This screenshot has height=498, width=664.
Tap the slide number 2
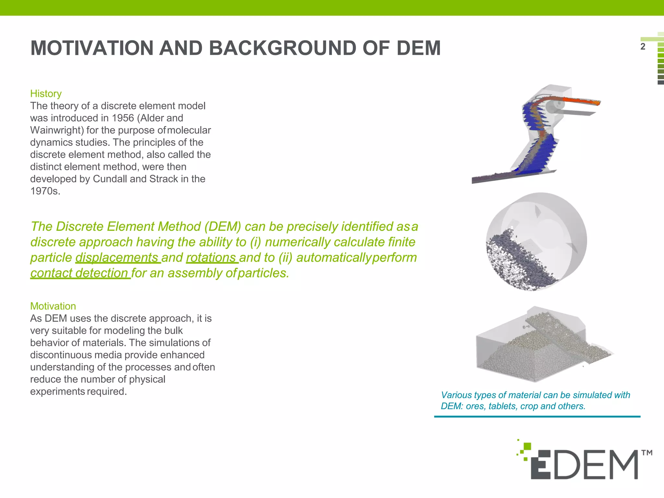pyautogui.click(x=643, y=47)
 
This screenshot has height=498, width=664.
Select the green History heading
pyautogui.click(x=46, y=94)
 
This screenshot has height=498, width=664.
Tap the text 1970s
pyautogui.click(x=45, y=191)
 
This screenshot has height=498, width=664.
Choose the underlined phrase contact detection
pyautogui.click(x=79, y=273)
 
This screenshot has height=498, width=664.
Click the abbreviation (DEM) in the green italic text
pyautogui.click(x=222, y=227)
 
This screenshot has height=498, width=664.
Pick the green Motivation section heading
pyautogui.click(x=53, y=306)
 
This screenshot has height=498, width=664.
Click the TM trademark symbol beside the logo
pyautogui.click(x=647, y=453)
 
